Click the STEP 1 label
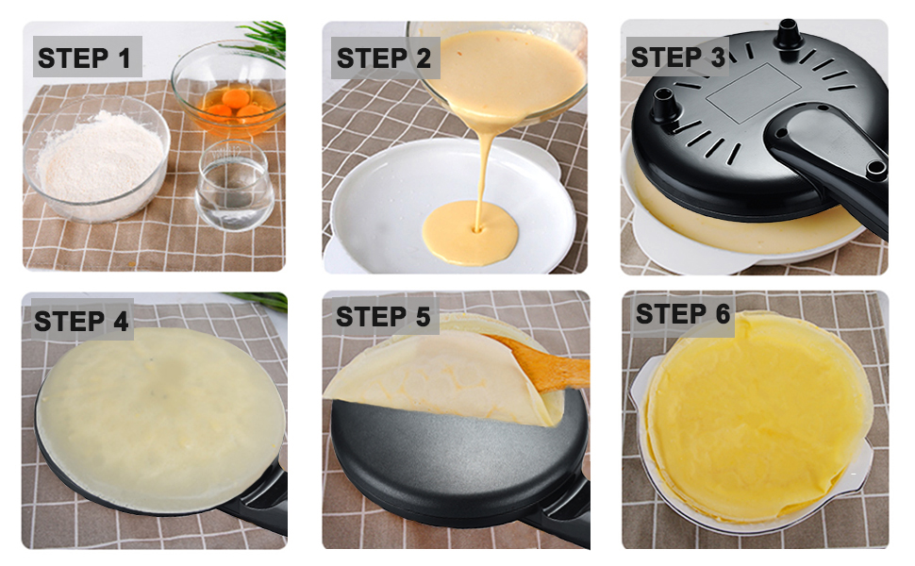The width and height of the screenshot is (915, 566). tap(85, 58)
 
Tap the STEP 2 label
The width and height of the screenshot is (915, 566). tap(384, 58)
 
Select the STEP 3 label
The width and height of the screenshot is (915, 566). tap(678, 57)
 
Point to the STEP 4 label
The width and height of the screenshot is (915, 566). tap(81, 321)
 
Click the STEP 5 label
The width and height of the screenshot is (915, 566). tap(383, 316)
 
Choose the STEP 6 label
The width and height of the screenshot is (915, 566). tap(683, 313)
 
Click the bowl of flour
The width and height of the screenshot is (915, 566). tap(98, 159)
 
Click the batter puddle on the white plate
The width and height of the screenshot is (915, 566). tap(470, 233)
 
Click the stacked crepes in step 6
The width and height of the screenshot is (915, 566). tap(755, 415)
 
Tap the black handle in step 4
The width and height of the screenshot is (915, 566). tap(259, 500)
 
